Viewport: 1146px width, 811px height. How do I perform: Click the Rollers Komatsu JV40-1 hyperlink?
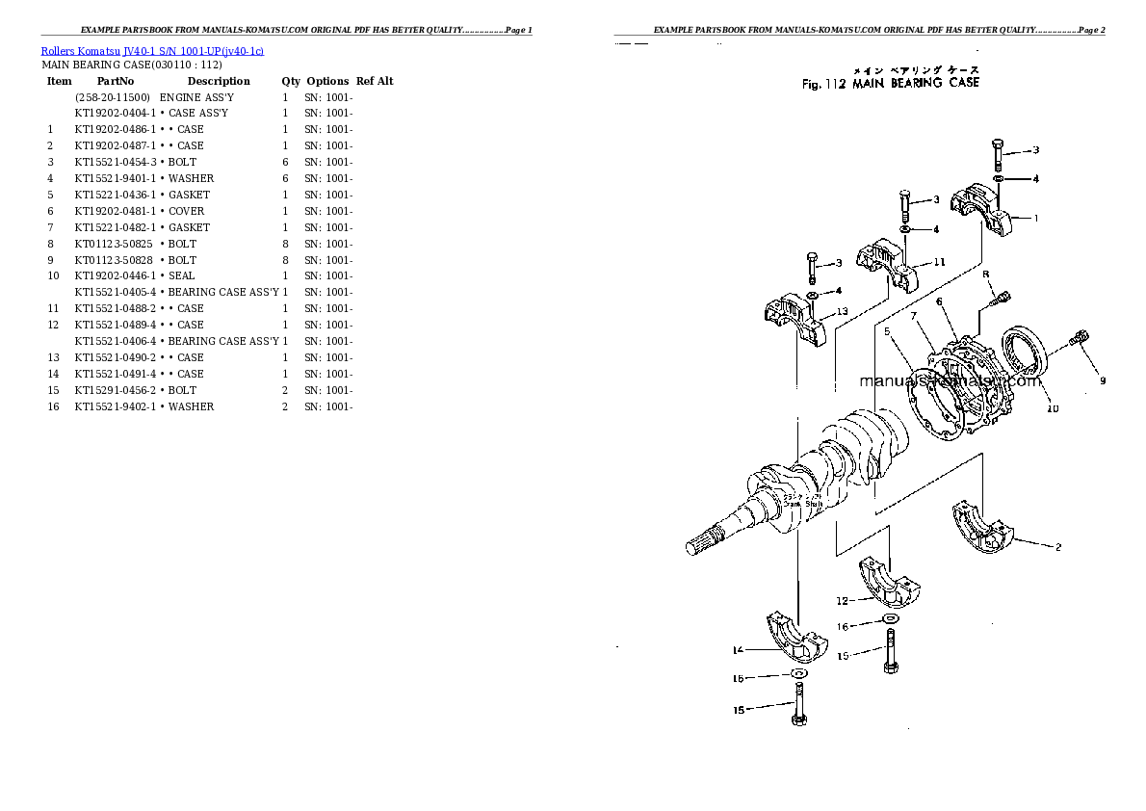pos(152,50)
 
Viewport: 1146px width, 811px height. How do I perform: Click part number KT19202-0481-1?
pos(115,211)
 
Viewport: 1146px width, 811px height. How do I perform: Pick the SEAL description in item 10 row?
pos(181,275)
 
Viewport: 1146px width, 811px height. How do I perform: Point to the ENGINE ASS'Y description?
pos(195,98)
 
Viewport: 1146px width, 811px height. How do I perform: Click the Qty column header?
pos(290,82)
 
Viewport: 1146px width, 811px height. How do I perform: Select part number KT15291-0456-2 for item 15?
pos(115,390)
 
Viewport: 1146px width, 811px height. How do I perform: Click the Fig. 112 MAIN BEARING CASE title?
pos(890,83)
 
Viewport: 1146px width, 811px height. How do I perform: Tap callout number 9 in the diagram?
pos(1104,381)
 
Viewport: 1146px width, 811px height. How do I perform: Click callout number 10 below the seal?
pos(1053,409)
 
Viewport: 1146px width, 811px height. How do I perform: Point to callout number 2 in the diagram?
pos(1058,548)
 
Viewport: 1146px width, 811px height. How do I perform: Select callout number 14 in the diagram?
pos(737,650)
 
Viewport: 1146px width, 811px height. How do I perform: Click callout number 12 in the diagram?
pos(842,601)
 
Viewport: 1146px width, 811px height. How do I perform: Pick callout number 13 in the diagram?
pos(842,311)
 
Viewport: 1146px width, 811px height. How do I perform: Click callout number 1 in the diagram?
pos(1036,219)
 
